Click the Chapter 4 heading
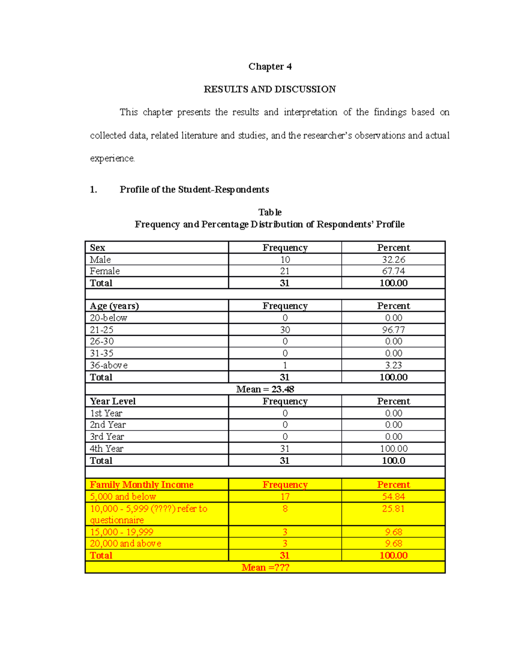[x=270, y=67]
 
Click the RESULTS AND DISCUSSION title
[x=270, y=89]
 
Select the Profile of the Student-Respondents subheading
[x=194, y=190]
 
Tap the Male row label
[x=100, y=260]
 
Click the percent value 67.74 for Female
[x=393, y=271]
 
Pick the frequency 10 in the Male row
[x=285, y=260]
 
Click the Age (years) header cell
[x=114, y=306]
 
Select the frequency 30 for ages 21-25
[x=285, y=330]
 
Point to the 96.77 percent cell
[x=393, y=330]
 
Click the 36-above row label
[x=108, y=365]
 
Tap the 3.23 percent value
[x=393, y=365]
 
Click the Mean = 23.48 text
[x=265, y=389]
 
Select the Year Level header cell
[x=113, y=401]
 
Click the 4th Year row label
[x=106, y=449]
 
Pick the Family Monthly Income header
[x=142, y=485]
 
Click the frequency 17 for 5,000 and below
[x=285, y=497]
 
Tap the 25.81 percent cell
[x=393, y=509]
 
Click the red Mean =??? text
[x=265, y=567]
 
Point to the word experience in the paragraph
[x=112, y=159]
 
